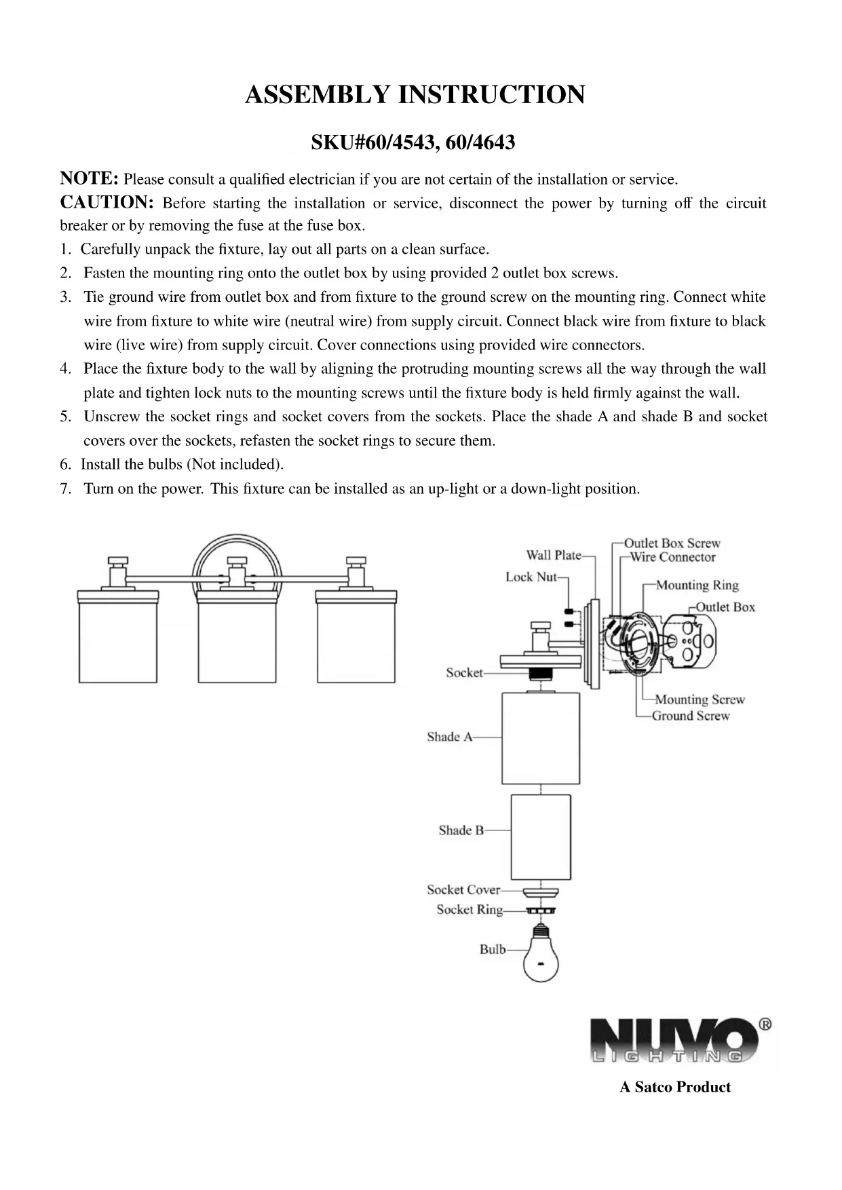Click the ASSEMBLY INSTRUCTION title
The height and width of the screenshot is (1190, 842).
(x=415, y=95)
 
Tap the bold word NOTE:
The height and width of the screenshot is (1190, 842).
(x=90, y=178)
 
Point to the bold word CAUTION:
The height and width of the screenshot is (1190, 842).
(x=107, y=202)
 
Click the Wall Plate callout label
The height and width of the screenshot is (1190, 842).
(x=554, y=555)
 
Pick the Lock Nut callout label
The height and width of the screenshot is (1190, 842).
(x=531, y=577)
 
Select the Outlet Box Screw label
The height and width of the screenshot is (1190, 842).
(x=672, y=543)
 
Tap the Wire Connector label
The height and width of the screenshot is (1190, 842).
(x=672, y=557)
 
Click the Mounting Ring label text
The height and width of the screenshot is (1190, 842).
(x=697, y=585)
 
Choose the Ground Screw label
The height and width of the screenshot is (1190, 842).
(x=691, y=715)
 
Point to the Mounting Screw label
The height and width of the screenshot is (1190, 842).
(x=700, y=699)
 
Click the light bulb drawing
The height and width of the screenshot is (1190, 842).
(x=540, y=956)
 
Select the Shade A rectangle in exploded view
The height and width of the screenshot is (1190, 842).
(x=540, y=738)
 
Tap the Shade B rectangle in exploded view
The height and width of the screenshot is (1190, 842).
(x=540, y=837)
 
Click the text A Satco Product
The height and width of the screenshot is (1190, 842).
(x=675, y=1087)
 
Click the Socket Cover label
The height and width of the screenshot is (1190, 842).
(x=463, y=889)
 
